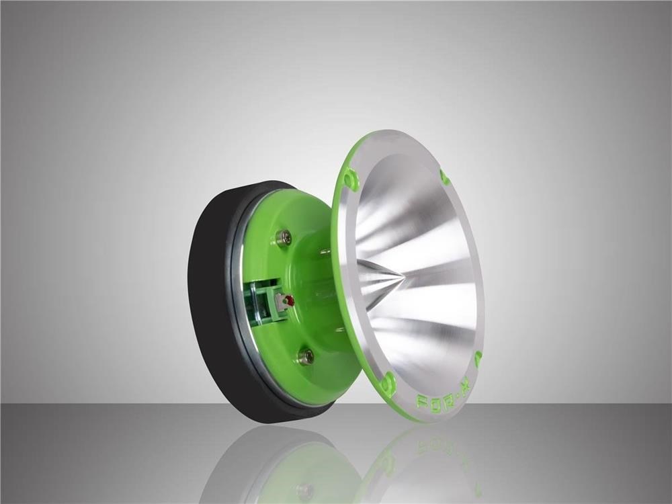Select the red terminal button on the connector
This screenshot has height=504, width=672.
[290, 300]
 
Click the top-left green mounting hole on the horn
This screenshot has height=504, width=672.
[350, 177]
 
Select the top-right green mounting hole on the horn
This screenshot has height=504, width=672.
[444, 177]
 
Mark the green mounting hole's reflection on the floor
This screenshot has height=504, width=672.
[388, 464]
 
